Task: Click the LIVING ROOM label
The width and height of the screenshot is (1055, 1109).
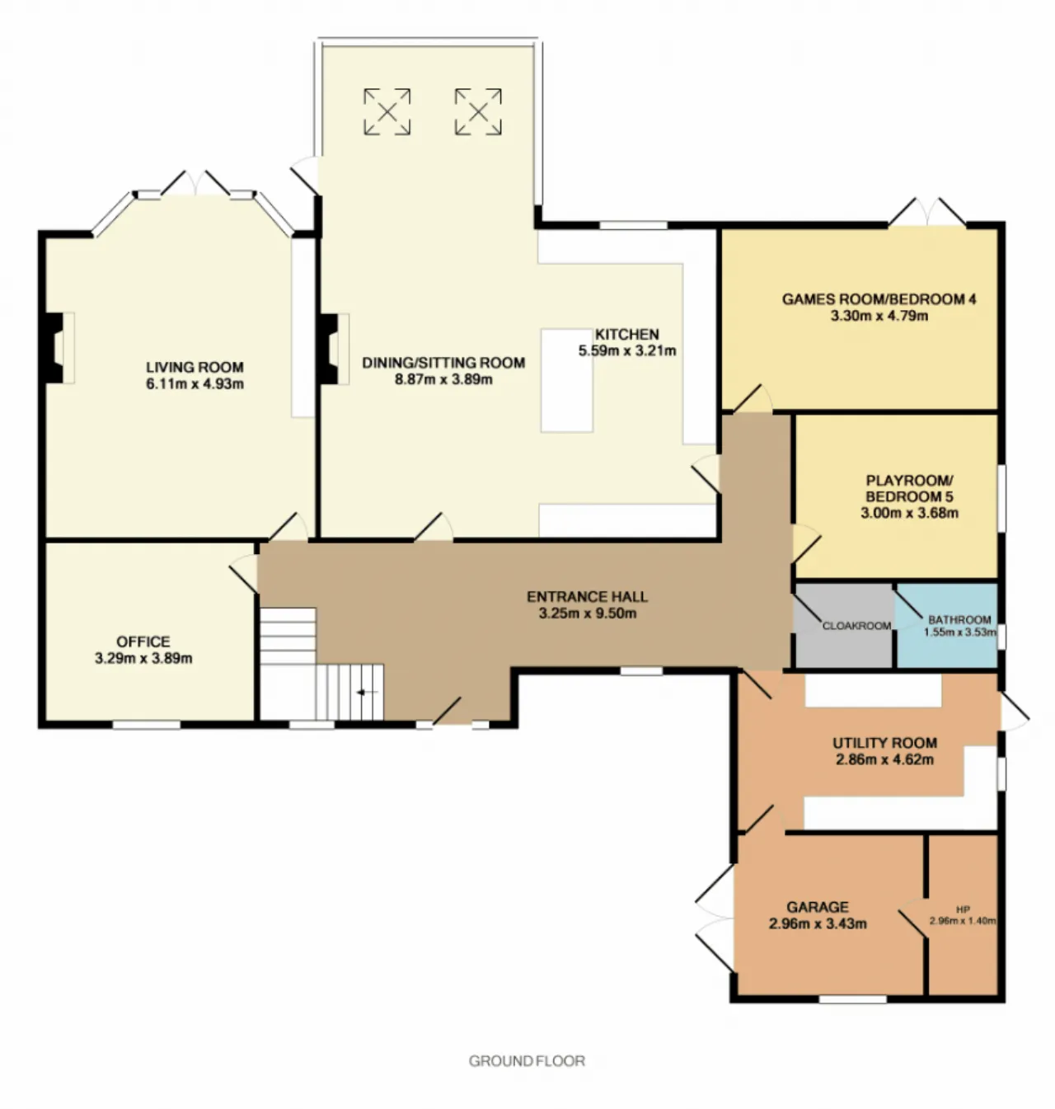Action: click(x=195, y=367)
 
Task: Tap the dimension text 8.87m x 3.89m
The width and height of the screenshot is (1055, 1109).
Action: click(x=443, y=379)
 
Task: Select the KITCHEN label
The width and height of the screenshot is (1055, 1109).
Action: click(x=627, y=334)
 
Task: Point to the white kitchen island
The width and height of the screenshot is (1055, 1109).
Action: click(x=567, y=381)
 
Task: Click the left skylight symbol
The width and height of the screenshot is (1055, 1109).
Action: click(x=387, y=111)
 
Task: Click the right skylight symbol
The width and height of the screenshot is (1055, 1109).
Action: click(x=478, y=111)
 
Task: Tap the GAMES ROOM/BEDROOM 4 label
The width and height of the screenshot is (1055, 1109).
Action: click(x=879, y=299)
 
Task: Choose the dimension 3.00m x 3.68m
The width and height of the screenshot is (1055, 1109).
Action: click(x=909, y=514)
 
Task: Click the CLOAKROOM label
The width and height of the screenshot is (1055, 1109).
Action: click(x=856, y=626)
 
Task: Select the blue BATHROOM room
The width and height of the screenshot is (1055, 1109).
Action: click(x=947, y=626)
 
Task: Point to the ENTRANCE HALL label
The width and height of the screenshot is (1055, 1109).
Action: click(x=587, y=596)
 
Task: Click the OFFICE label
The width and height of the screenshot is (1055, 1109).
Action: click(x=143, y=641)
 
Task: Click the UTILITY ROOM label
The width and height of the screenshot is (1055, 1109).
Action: click(x=884, y=743)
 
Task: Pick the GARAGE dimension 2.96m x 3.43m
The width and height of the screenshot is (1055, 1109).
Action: click(x=818, y=924)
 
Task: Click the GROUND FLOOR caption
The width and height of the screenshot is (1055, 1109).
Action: click(x=527, y=1061)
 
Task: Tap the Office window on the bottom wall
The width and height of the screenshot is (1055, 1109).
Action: click(x=146, y=724)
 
